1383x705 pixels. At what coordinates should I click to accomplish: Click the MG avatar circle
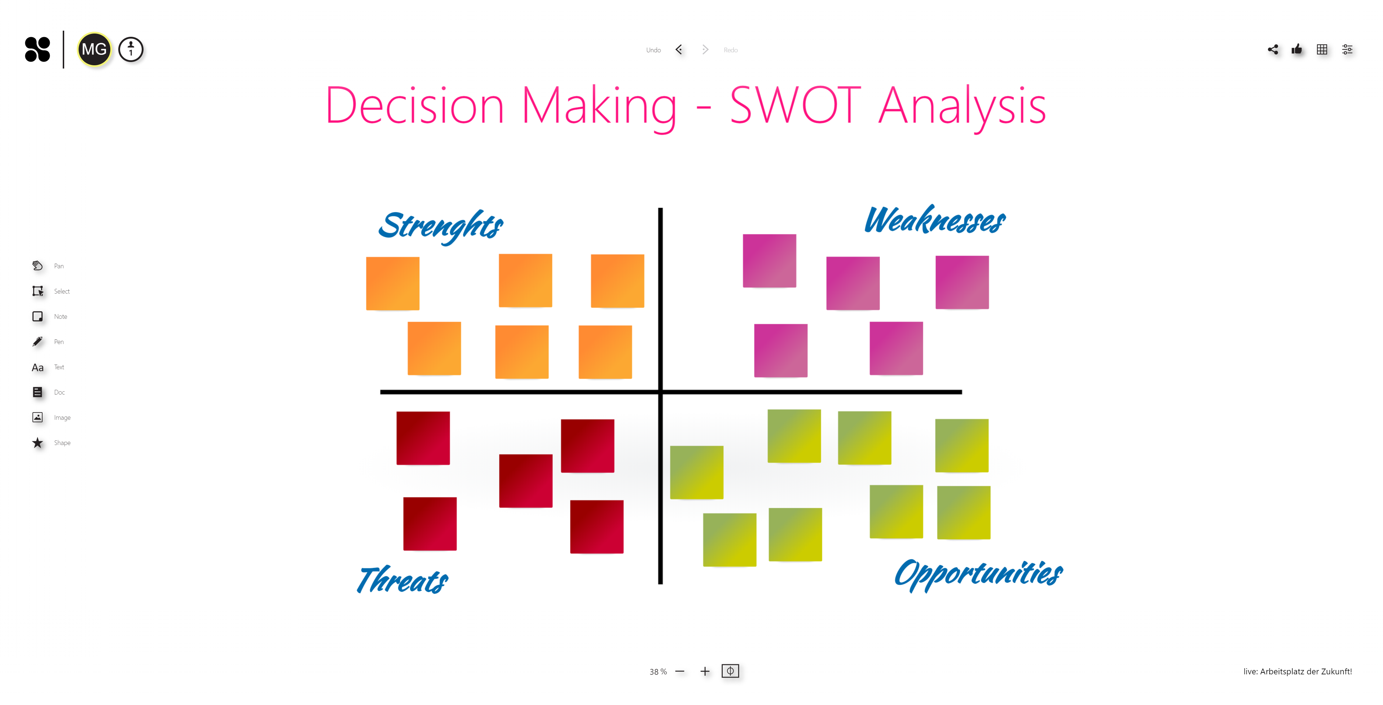tap(94, 49)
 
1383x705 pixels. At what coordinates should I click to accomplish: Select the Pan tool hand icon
tap(37, 266)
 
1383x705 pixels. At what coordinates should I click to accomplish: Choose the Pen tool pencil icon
tap(37, 342)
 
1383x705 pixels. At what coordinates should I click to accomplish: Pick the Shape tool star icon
tap(37, 443)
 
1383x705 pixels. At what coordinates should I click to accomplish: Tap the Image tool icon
tap(37, 417)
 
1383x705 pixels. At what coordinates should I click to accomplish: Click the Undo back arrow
tap(679, 50)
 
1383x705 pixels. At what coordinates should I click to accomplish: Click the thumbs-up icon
tap(1297, 50)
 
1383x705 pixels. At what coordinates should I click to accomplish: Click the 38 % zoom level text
tap(658, 672)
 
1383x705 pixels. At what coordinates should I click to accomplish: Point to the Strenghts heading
tap(441, 225)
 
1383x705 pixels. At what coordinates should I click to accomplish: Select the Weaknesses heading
tap(935, 220)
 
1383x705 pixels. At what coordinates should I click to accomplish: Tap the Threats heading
tap(403, 580)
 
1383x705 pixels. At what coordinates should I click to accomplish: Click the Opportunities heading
tap(978, 573)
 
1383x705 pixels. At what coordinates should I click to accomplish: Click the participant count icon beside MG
tap(131, 50)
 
